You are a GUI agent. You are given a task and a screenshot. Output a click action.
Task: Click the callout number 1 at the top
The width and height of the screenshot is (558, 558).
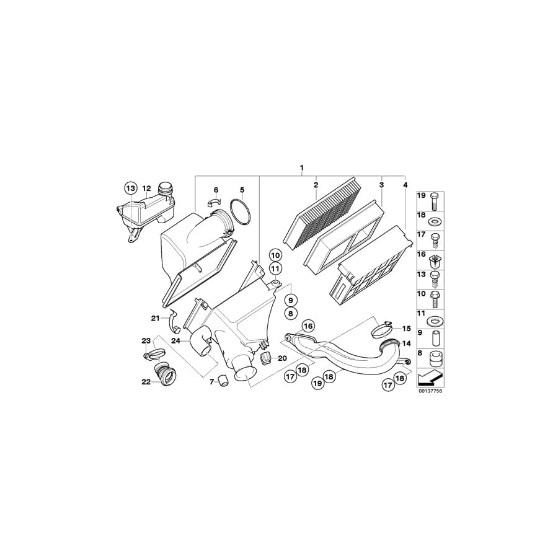302,168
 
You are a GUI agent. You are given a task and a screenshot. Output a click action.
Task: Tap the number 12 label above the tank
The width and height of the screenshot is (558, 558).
146,188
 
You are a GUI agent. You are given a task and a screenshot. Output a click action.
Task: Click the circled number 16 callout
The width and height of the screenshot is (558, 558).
308,325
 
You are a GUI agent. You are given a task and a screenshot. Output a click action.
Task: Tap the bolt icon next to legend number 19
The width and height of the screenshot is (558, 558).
434,200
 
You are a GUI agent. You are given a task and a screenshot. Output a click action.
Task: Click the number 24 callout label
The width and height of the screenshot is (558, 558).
176,340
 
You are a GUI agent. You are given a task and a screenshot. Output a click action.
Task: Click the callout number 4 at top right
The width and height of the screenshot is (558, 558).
405,185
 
